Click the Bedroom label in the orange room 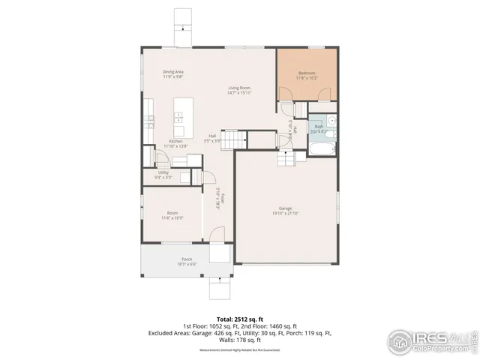pyautogui.click(x=307, y=73)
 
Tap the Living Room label pyautogui.click(x=240, y=88)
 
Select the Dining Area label pyautogui.click(x=174, y=73)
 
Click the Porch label pyautogui.click(x=166, y=259)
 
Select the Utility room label pyautogui.click(x=163, y=174)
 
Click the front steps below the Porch pyautogui.click(x=219, y=287)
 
